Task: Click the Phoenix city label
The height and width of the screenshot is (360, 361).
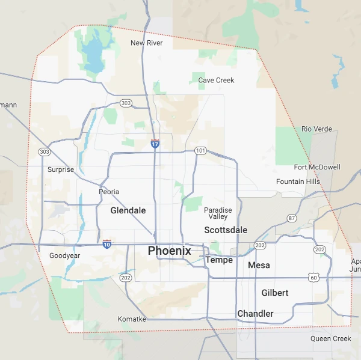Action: point(169,251)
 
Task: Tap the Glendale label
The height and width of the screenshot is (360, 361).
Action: point(128,211)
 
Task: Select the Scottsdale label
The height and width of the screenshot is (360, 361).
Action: point(226,230)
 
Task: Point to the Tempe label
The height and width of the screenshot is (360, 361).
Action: point(219,260)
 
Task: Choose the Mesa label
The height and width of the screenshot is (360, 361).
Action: point(259,265)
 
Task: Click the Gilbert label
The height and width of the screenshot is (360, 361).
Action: point(275,293)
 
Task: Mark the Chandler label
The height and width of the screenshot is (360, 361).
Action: point(255,314)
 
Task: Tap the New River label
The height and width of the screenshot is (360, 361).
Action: point(147,43)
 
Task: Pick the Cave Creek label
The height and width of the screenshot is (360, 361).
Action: point(217,80)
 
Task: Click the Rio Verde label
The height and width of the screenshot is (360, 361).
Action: point(316,129)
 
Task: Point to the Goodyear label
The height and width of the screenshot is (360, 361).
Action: point(65,255)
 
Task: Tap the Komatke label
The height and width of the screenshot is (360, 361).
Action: point(132,319)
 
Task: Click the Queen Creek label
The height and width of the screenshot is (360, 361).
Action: point(330,339)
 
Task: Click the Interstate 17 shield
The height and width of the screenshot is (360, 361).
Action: point(155,144)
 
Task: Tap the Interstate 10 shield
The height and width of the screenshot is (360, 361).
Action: point(106,243)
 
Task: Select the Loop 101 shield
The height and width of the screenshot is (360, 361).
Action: point(200,150)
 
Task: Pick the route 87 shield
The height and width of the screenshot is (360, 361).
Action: point(292,218)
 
